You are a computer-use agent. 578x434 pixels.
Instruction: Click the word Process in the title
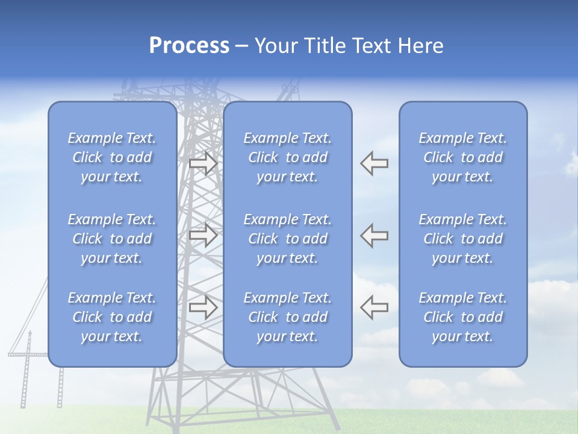pos(189,46)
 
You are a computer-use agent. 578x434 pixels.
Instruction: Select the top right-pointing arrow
pos(203,163)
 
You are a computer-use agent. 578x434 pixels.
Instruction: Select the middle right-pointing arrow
pos(203,235)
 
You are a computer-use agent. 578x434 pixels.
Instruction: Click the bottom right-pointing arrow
pos(203,307)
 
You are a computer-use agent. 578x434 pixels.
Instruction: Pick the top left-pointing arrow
pos(374,163)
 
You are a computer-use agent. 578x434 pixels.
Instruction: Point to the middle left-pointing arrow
pos(374,235)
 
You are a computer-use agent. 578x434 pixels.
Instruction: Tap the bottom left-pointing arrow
pos(374,307)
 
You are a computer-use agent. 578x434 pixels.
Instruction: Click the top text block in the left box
pos(112,157)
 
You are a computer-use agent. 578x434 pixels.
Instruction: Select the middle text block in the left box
pos(112,239)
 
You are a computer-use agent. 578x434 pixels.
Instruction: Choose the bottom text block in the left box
pos(112,317)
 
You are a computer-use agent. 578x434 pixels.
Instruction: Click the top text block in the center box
pos(288,157)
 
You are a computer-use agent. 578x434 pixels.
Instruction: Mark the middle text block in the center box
pos(288,239)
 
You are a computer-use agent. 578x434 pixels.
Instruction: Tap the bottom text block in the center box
pos(288,317)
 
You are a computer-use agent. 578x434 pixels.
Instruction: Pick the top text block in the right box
pos(463,157)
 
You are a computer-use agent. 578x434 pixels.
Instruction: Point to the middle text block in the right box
pos(463,239)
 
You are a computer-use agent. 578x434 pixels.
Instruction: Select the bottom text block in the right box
pos(463,317)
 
